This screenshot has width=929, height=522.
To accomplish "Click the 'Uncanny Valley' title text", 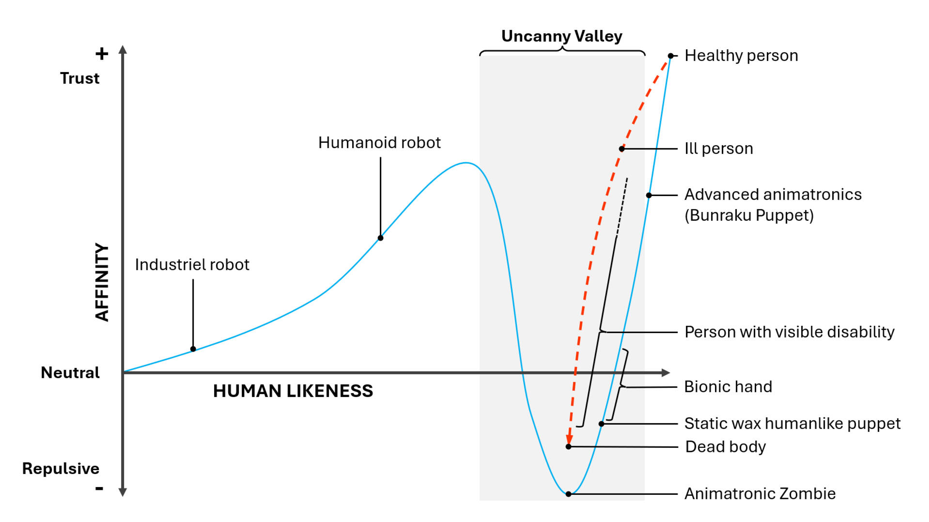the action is pyautogui.click(x=562, y=36).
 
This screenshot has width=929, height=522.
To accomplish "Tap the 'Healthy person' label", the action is pyautogui.click(x=741, y=56).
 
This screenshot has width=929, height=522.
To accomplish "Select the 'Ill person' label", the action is pyautogui.click(x=719, y=149).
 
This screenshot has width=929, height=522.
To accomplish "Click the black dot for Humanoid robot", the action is pyautogui.click(x=380, y=238).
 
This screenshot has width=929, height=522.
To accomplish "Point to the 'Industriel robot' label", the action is pyautogui.click(x=192, y=264).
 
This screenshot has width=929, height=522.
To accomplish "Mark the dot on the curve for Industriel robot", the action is pyautogui.click(x=193, y=349).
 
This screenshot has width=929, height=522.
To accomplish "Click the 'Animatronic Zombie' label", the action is pyautogui.click(x=760, y=494).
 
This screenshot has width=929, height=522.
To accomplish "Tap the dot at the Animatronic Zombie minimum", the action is pyautogui.click(x=569, y=494).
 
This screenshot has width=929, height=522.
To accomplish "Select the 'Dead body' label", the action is pyautogui.click(x=726, y=447).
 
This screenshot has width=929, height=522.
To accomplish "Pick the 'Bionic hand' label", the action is pyautogui.click(x=728, y=387).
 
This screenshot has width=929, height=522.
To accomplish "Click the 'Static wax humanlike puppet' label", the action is pyautogui.click(x=792, y=424).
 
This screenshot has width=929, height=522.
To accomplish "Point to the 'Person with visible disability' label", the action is pyautogui.click(x=790, y=332).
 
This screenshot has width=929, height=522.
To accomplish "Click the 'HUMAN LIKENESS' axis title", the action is pyautogui.click(x=293, y=391).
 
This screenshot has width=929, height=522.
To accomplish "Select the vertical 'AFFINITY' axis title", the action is pyautogui.click(x=102, y=282).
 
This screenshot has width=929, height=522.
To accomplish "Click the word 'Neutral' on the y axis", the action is pyautogui.click(x=70, y=373).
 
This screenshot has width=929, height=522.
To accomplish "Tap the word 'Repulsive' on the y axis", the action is pyautogui.click(x=61, y=469).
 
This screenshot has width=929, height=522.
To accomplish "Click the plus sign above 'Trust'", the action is pyautogui.click(x=102, y=53).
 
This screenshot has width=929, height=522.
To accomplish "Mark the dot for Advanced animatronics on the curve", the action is pyautogui.click(x=649, y=195).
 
